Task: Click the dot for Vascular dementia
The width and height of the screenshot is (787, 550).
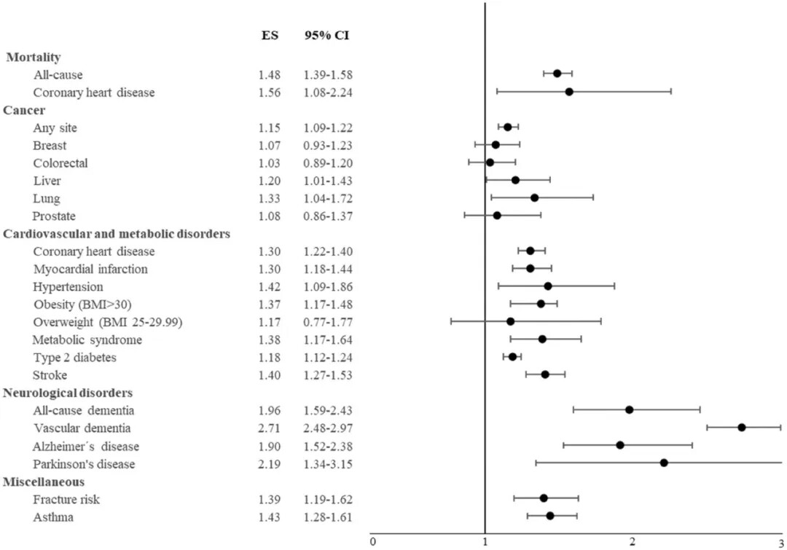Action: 741,427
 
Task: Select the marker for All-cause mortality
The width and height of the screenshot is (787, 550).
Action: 557,73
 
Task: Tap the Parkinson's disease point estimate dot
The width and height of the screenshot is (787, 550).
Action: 664,463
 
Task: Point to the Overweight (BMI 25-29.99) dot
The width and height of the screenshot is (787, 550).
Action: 510,321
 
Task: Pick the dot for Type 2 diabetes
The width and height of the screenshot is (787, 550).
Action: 512,356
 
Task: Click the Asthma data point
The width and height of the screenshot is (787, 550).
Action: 550,516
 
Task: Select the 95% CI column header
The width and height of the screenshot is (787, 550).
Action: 327,35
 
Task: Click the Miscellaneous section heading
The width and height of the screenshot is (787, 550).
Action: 44,482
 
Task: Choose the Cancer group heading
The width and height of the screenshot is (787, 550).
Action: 24,110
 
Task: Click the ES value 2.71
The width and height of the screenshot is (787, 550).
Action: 269,428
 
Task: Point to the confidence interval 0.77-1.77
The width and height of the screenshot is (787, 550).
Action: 328,322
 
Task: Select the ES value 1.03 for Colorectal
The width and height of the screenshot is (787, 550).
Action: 269,163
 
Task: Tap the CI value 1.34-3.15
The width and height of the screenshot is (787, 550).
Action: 328,464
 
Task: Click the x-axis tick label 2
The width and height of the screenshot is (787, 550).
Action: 633,541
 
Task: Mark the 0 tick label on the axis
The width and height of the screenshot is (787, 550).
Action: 372,541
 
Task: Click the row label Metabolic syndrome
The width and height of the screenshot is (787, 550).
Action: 87,339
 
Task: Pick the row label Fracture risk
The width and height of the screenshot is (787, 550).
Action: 66,499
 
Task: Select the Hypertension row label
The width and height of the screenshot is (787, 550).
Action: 68,286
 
